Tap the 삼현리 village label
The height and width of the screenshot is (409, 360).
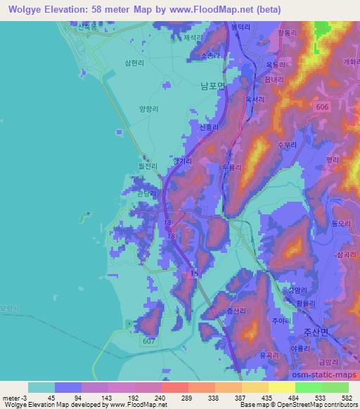[154, 62]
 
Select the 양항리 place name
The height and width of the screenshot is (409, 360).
[150, 109]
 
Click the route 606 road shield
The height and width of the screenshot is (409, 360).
[321, 105]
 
